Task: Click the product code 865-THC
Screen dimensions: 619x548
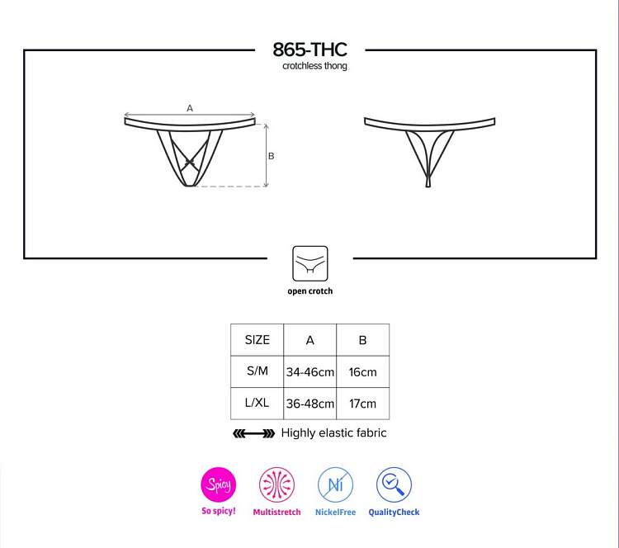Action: click(x=309, y=50)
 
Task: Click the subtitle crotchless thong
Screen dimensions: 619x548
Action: click(x=314, y=66)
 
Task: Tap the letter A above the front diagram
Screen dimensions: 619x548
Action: click(x=190, y=108)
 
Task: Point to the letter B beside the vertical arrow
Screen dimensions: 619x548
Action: click(x=272, y=156)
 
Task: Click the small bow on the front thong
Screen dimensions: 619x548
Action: click(x=190, y=162)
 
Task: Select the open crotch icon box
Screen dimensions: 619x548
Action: click(x=309, y=263)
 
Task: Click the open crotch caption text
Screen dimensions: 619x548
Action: click(x=309, y=291)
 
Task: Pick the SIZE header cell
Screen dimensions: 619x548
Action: click(x=257, y=339)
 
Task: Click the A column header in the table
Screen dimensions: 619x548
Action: click(x=309, y=340)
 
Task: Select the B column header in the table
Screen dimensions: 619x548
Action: click(x=363, y=340)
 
